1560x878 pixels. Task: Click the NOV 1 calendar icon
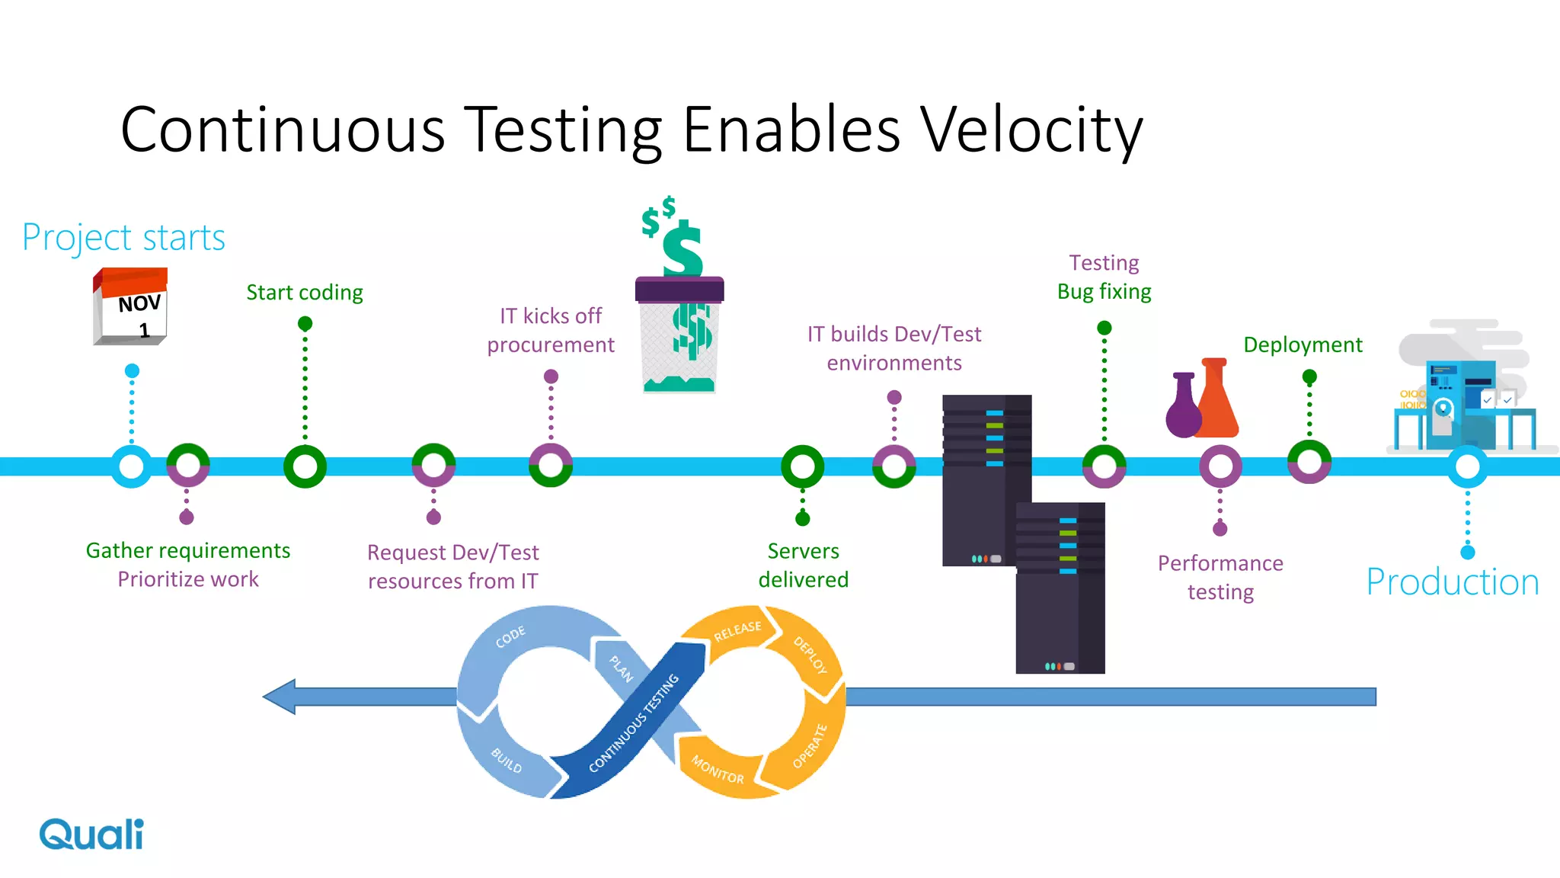pos(130,306)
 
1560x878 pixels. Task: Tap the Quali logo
pos(91,835)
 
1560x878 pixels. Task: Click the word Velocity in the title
pos(1031,130)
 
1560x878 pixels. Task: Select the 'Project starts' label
pos(123,237)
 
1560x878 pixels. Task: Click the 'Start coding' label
pos(305,293)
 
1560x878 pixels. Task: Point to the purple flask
pos(1183,407)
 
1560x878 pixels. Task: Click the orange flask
pos(1216,400)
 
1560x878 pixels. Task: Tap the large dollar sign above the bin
pos(682,249)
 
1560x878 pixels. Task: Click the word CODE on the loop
pos(510,636)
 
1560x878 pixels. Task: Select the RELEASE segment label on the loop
pos(737,631)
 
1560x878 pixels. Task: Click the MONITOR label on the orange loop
pos(718,770)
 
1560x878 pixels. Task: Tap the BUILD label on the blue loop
pos(507,761)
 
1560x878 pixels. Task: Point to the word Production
pos(1453,582)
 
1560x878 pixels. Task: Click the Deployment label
pos(1303,345)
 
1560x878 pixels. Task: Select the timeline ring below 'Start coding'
pos(305,466)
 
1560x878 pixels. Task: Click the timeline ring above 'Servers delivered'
pos(802,466)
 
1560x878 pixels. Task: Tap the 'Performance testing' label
pos(1220,578)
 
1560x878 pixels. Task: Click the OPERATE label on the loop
pos(810,746)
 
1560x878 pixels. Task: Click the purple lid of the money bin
pos(679,290)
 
